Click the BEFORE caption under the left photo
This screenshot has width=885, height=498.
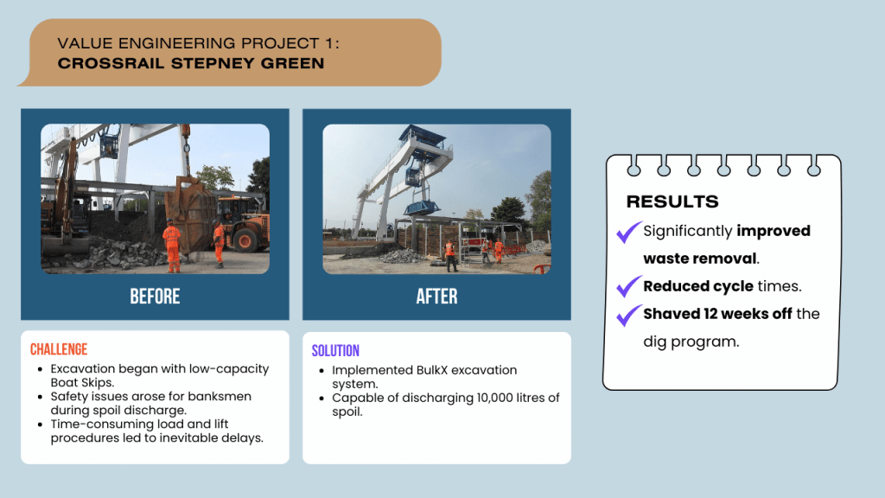coord(155,297)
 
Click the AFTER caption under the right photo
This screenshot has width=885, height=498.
coord(436,297)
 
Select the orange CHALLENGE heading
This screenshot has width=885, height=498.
coord(59,349)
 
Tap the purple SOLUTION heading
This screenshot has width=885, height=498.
coord(335,351)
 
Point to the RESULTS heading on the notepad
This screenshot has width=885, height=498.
coord(672,201)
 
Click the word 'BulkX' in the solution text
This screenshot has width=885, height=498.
coord(432,370)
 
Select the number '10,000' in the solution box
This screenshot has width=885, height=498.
coord(493,398)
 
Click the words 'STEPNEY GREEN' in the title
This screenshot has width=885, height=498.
coord(248,63)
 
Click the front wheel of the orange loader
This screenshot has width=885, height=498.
coord(245,240)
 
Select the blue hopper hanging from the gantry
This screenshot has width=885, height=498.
coord(422,207)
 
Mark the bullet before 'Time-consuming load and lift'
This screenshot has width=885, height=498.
coord(40,425)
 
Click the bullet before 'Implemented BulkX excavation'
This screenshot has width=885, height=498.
coord(322,371)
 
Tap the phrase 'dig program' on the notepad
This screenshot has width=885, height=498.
coord(691,342)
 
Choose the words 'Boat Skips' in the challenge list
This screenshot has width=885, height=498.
coord(81,383)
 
